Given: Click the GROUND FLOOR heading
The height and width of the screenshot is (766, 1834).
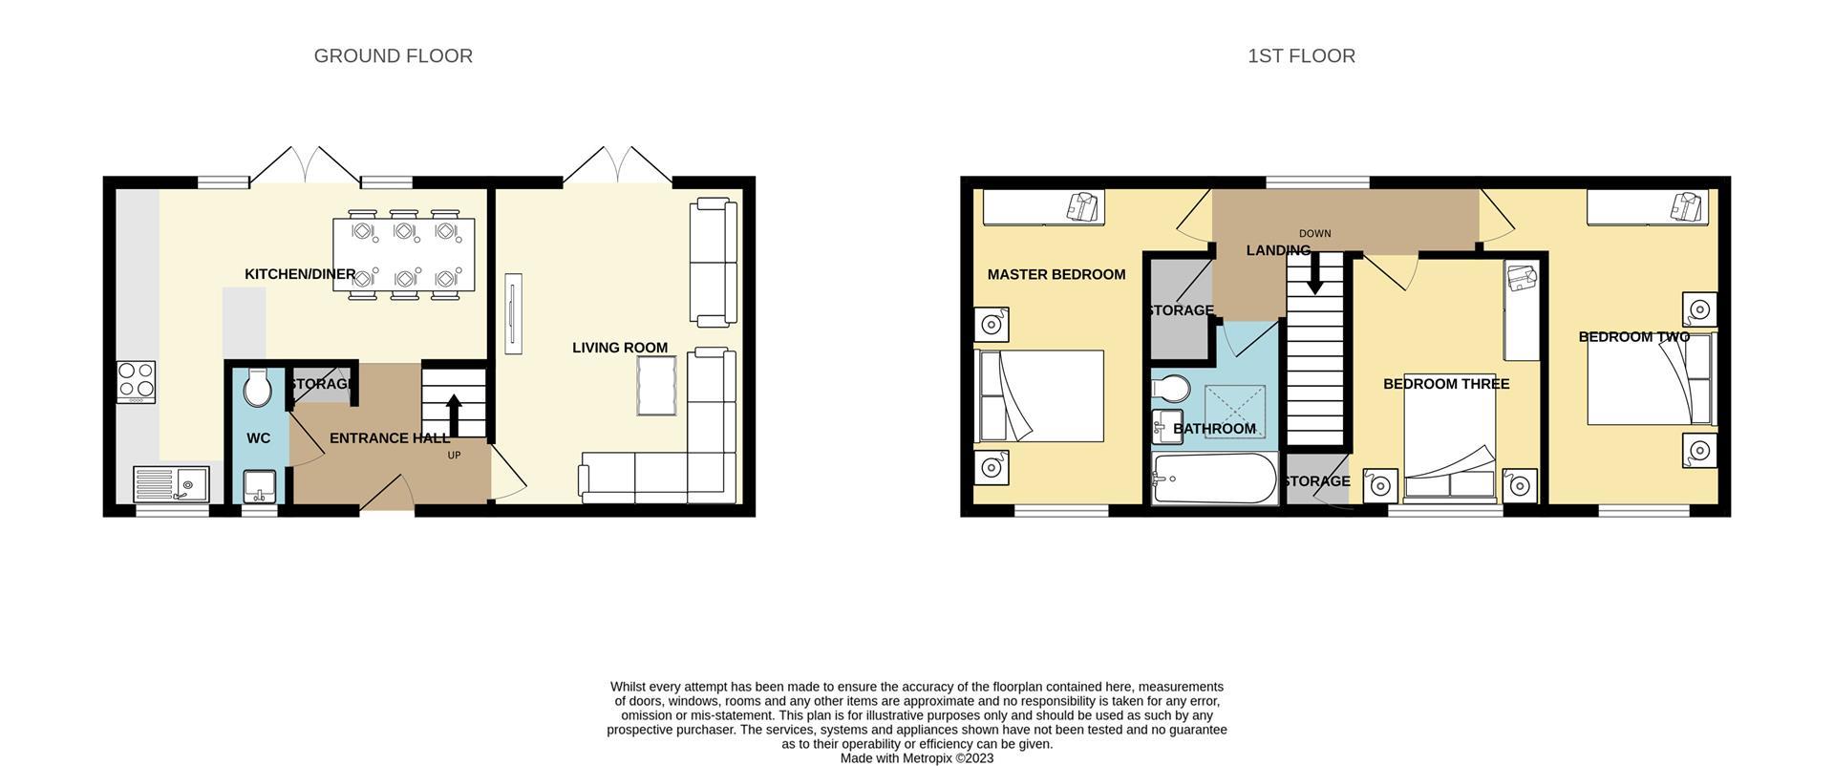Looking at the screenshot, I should [x=393, y=56].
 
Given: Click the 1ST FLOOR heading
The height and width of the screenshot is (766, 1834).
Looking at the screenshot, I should [x=1301, y=56].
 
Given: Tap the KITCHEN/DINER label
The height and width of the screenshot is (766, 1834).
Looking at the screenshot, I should [x=300, y=275].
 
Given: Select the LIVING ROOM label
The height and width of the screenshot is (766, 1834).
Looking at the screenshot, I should [x=620, y=348].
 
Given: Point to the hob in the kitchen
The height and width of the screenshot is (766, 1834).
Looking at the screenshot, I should [x=136, y=381].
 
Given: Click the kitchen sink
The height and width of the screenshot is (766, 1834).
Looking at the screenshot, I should [x=171, y=484].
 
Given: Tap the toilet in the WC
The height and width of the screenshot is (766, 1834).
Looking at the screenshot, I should [x=257, y=389].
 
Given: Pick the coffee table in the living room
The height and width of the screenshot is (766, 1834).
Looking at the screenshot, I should [x=656, y=386].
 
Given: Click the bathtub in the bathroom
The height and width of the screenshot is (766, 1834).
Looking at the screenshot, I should [x=1214, y=479].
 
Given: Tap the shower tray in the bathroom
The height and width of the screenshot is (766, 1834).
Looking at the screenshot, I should [x=1235, y=412].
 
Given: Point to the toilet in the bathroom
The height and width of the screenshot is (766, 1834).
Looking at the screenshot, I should [x=1170, y=389].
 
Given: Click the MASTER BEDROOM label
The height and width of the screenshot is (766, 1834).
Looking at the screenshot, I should [x=1056, y=275].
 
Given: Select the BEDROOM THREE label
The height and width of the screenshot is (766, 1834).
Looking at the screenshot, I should [x=1446, y=384].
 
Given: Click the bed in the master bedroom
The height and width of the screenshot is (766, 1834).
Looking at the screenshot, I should [x=1039, y=396].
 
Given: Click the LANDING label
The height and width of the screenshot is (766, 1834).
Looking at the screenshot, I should [x=1278, y=250].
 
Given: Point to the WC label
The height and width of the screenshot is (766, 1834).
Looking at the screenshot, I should [x=258, y=438].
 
